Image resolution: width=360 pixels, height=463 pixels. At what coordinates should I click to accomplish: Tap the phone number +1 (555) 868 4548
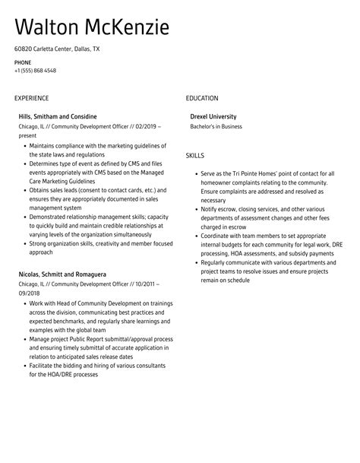pos(35,71)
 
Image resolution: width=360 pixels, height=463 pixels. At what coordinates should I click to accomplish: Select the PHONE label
pos(23,62)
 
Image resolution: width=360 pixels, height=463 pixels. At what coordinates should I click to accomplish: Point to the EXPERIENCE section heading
pos(31,98)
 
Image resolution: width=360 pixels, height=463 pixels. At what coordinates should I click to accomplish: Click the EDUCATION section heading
pos(202,98)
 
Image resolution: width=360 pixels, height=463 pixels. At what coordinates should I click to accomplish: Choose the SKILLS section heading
pos(194,156)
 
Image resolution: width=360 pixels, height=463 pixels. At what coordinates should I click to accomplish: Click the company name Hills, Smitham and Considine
pos(58,116)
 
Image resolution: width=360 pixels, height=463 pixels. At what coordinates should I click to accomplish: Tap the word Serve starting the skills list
pos(210,173)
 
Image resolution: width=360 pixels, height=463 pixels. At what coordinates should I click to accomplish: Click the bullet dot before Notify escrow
pos(197,208)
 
